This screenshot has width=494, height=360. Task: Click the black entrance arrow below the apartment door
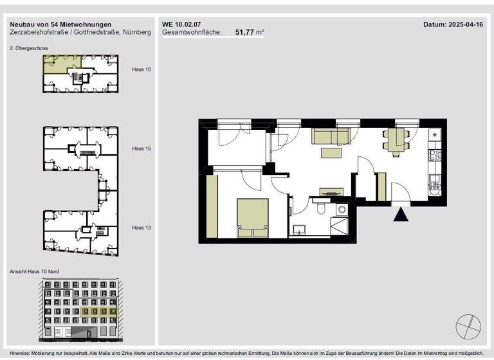(x=400, y=215)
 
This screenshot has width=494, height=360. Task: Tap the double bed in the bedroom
(x=253, y=218)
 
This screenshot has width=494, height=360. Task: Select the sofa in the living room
(x=331, y=136)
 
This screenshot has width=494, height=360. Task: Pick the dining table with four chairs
(x=394, y=139)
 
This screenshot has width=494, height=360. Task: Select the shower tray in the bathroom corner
(x=338, y=227)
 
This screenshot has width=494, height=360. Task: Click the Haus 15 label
(x=141, y=148)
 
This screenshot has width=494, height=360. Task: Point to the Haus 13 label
(x=141, y=227)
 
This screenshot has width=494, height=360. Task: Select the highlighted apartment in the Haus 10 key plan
(x=57, y=64)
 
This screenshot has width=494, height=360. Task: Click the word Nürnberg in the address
(x=138, y=32)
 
